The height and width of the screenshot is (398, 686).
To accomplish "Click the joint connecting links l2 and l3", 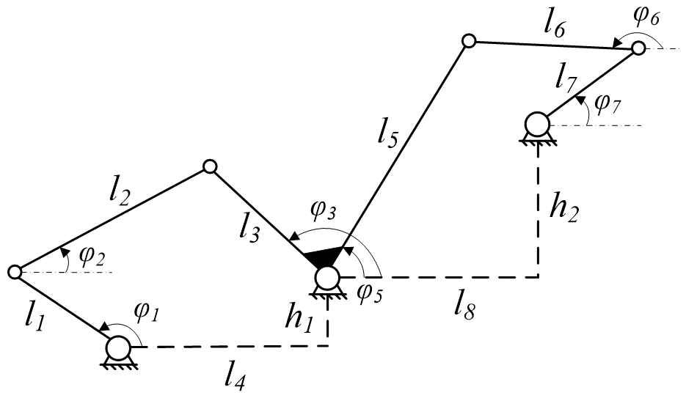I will click(210, 167).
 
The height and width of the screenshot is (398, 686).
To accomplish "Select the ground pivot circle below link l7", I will click(537, 122).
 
